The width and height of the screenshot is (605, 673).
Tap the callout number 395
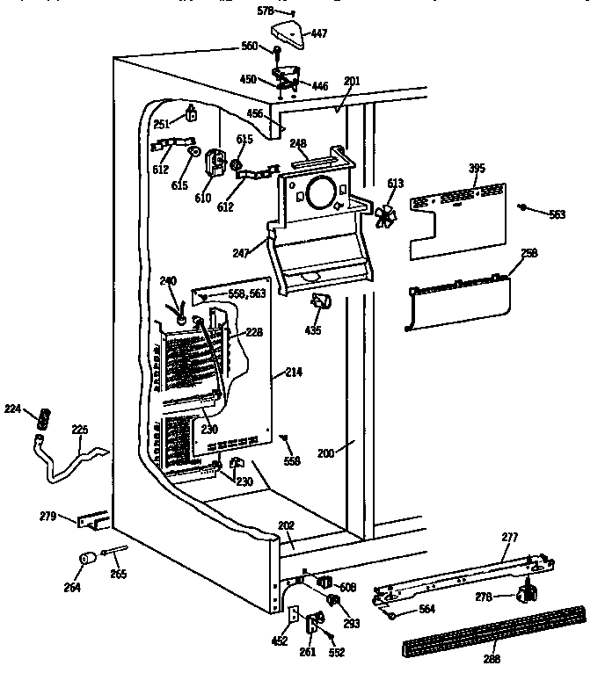(x=476, y=168)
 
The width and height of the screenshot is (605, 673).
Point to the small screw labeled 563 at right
(x=523, y=207)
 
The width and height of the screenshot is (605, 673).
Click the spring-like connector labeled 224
(x=40, y=419)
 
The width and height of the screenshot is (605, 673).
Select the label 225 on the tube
(x=80, y=430)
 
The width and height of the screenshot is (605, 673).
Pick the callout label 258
(x=529, y=253)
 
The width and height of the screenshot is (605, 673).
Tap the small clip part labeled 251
(x=189, y=112)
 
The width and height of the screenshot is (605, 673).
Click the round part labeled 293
(x=334, y=599)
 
